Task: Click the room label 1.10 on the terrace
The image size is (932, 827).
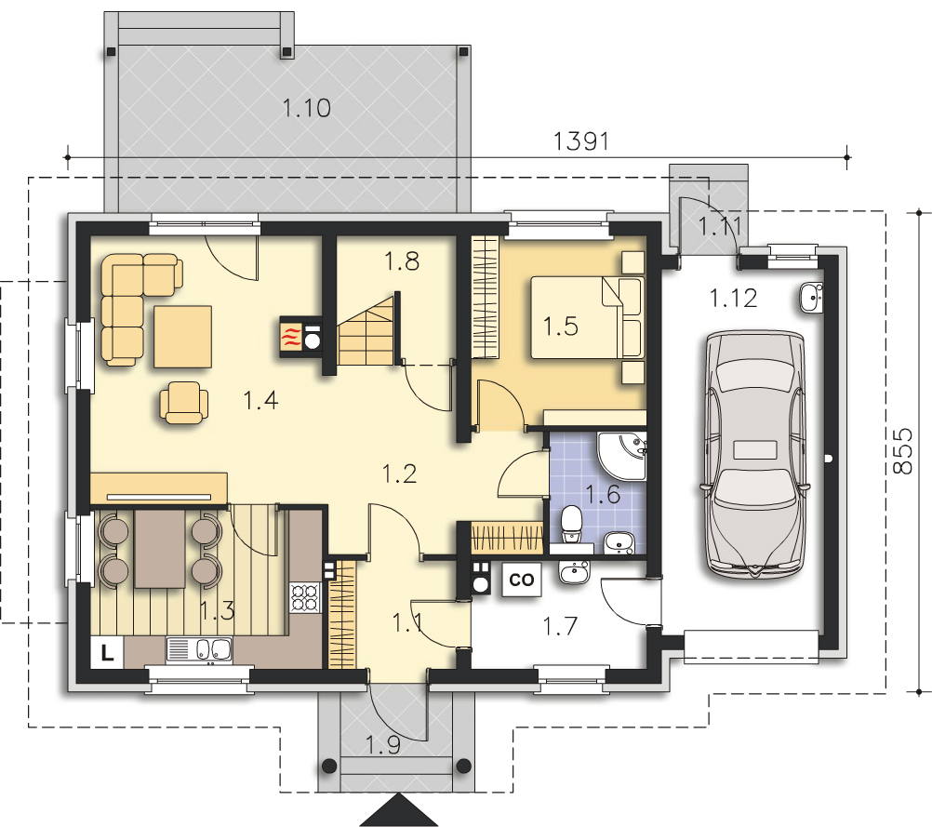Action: [306, 108]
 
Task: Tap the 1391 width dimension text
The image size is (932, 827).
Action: [581, 141]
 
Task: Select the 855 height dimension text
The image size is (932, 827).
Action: [902, 451]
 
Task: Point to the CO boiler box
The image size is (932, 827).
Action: [521, 579]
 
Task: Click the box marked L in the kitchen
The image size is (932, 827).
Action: [107, 653]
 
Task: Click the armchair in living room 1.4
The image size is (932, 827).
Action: [184, 403]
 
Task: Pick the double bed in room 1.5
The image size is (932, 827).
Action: [587, 317]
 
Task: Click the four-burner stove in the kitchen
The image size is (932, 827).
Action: [305, 597]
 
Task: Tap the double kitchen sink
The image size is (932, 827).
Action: [199, 649]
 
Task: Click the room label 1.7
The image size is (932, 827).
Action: [560, 626]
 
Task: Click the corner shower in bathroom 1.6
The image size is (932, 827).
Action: [621, 456]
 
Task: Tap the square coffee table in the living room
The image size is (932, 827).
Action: [183, 337]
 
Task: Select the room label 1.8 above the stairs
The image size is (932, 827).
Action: [401, 261]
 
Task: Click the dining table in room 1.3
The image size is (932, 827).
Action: [160, 549]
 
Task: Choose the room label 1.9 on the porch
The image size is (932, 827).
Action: [383, 745]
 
